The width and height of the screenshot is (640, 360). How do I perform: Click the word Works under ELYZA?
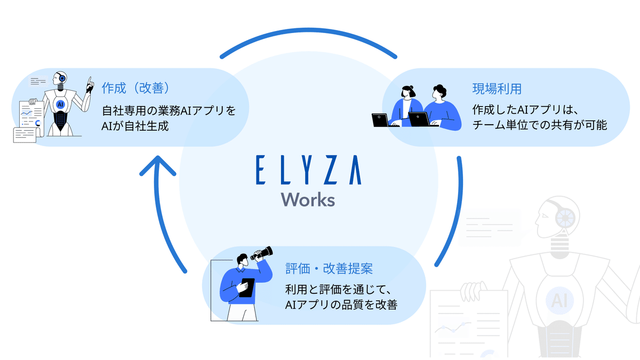click(308, 199)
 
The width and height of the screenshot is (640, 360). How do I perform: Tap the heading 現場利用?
click(497, 88)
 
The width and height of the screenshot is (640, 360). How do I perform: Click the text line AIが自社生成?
click(135, 126)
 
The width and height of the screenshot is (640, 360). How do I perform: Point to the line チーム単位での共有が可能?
click(539, 126)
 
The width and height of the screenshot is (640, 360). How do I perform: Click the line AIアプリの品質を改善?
click(341, 305)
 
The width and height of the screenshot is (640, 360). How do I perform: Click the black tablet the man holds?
click(246, 287)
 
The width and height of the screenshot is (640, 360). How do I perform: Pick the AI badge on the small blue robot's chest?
click(60, 105)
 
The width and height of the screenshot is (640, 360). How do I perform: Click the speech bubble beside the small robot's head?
click(38, 82)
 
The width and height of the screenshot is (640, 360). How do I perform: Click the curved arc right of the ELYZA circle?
click(452, 213)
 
